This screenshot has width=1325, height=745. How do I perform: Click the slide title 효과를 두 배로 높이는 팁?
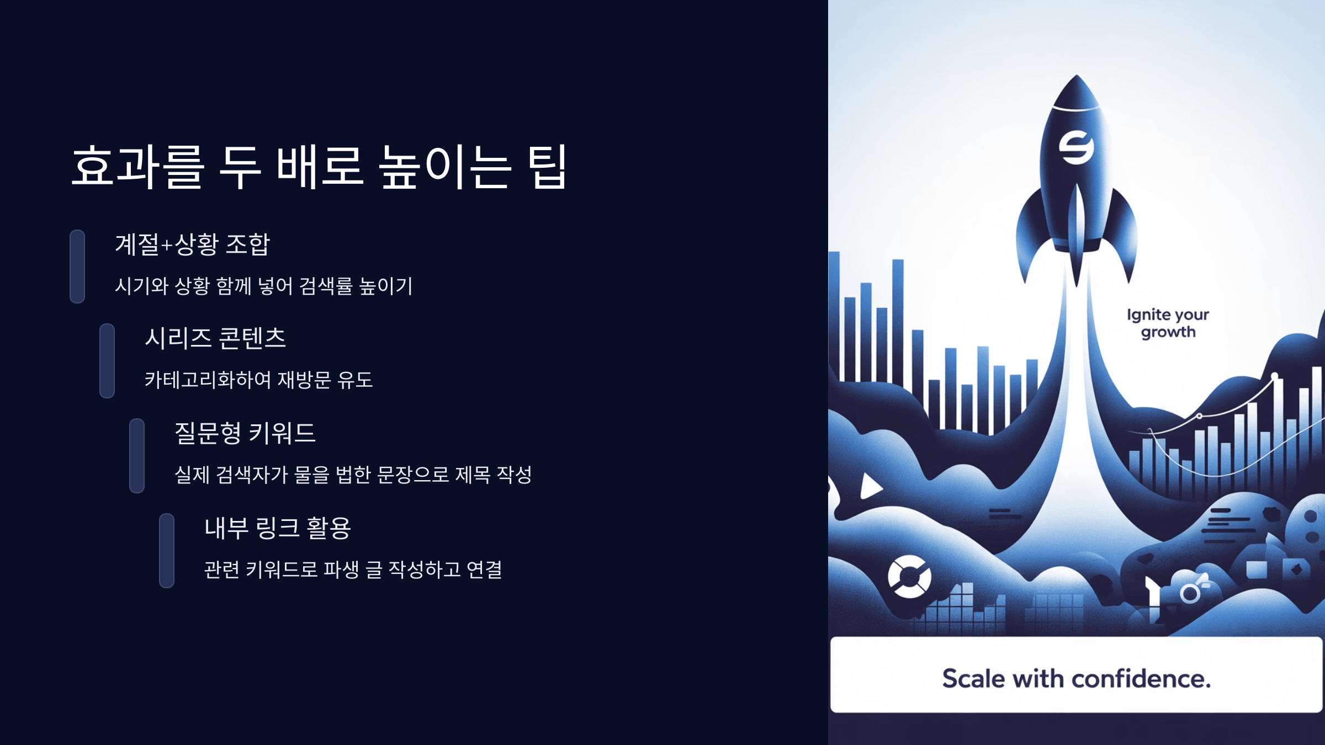pyautogui.click(x=319, y=167)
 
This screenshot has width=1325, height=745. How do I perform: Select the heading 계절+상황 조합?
pyautogui.click(x=192, y=244)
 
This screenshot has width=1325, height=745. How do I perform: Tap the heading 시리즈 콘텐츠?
pyautogui.click(x=215, y=338)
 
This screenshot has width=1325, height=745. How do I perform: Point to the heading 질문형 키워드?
pyautogui.click(x=245, y=433)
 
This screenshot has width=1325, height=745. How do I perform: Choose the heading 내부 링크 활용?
pyautogui.click(x=278, y=528)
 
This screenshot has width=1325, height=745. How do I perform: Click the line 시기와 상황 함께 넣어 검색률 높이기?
pyautogui.click(x=263, y=286)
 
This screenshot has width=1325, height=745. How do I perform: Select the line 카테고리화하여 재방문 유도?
pyautogui.click(x=258, y=380)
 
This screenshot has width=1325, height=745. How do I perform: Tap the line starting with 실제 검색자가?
pyautogui.click(x=353, y=475)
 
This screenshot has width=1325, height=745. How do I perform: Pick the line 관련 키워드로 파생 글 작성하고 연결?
pyautogui.click(x=353, y=570)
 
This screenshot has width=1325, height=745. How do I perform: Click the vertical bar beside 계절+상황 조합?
pyautogui.click(x=77, y=267)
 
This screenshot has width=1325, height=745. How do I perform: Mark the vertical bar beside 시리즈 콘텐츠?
pyautogui.click(x=107, y=361)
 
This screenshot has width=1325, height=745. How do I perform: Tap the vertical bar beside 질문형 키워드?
pyautogui.click(x=137, y=456)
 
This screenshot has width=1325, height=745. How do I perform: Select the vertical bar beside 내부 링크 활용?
pyautogui.click(x=167, y=551)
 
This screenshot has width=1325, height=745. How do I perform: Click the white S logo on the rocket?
pyautogui.click(x=1076, y=147)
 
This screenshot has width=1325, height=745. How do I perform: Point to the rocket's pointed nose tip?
pyautogui.click(x=1077, y=77)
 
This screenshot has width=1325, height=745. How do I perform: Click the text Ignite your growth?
pyautogui.click(x=1168, y=323)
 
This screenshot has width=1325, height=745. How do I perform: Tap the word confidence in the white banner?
pyautogui.click(x=1141, y=679)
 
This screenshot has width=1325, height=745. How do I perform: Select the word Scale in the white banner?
pyautogui.click(x=973, y=679)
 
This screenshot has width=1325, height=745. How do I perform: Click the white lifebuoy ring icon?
pyautogui.click(x=909, y=577)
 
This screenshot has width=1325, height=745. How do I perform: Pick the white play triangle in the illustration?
pyautogui.click(x=871, y=486)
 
